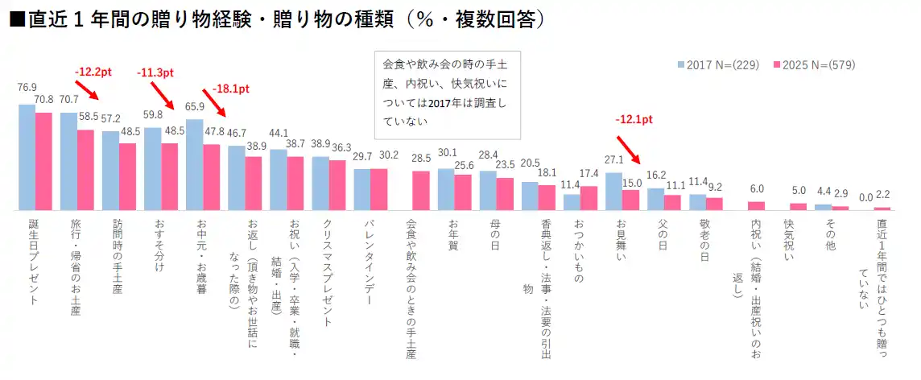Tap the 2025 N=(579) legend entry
[813, 65]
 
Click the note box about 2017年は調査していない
[448, 92]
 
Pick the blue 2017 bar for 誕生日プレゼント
[27, 157]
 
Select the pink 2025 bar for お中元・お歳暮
[211, 177]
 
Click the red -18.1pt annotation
[230, 89]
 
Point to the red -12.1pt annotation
[634, 119]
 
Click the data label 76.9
[27, 87]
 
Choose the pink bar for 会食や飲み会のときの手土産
[420, 190]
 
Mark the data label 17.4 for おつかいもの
[589, 174]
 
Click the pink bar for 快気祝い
[798, 206]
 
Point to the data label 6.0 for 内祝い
[756, 189]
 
